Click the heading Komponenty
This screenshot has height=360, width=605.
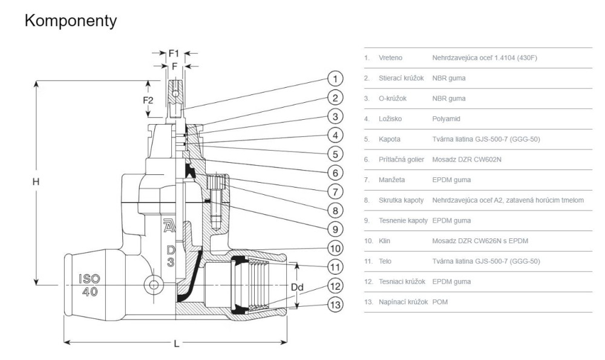(x=71, y=21)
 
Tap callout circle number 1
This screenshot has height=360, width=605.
(x=335, y=77)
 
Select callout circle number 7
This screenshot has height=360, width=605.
(x=335, y=191)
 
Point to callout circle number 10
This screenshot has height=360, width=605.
(x=335, y=247)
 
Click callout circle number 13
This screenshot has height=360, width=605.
(x=335, y=304)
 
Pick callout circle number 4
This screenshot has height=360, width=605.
(x=335, y=134)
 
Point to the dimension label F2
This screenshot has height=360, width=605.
(x=148, y=100)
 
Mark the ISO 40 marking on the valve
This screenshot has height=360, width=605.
(x=89, y=284)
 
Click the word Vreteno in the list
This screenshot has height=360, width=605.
(x=391, y=58)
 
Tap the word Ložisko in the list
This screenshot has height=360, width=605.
(x=390, y=119)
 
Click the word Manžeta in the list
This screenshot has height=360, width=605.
(x=391, y=180)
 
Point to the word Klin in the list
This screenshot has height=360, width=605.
(x=384, y=241)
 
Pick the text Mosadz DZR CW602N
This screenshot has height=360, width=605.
(x=467, y=160)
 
